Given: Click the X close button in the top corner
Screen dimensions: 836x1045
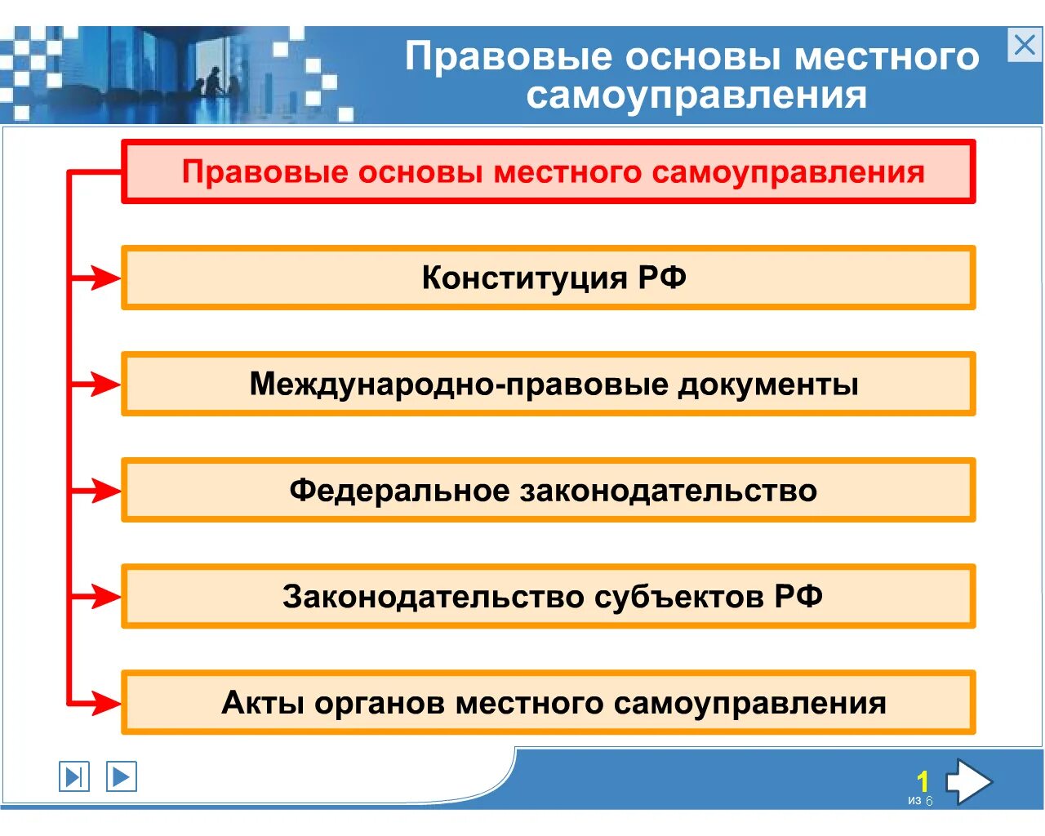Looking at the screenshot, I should pos(1025,45).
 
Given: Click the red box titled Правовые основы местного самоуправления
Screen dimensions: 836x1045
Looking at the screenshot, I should pos(549,171).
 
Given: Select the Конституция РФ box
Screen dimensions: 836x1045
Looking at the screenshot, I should pos(549,278).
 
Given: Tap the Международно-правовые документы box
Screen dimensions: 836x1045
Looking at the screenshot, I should pos(549,384).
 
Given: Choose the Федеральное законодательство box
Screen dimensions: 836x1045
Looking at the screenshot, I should pos(549,490).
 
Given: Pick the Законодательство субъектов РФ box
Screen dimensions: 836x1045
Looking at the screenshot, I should pos(549,596).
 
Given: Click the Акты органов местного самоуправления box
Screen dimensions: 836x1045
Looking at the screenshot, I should pos(549,702).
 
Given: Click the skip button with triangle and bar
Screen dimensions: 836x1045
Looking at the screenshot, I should pos(73,776).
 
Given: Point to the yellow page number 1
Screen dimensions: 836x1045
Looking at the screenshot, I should pos(923,781).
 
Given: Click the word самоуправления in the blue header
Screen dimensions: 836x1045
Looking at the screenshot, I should pos(696,96).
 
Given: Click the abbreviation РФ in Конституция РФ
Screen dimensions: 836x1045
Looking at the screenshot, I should pos(662,278).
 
